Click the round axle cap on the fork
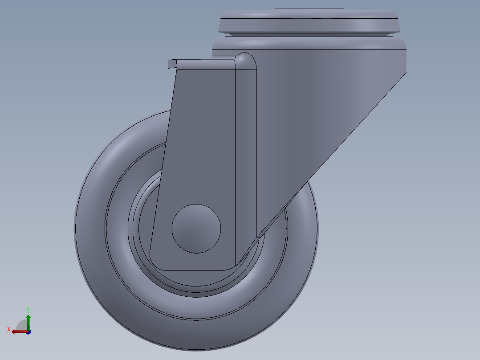196,229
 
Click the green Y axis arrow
28,320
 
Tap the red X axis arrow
19,331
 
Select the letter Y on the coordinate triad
28,309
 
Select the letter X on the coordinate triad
9,329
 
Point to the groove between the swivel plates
309,34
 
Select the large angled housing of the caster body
321,111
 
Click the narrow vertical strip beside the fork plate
246,156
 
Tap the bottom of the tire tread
196,339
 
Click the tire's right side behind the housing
307,232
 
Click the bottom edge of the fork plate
196,270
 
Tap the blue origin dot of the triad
28,331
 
